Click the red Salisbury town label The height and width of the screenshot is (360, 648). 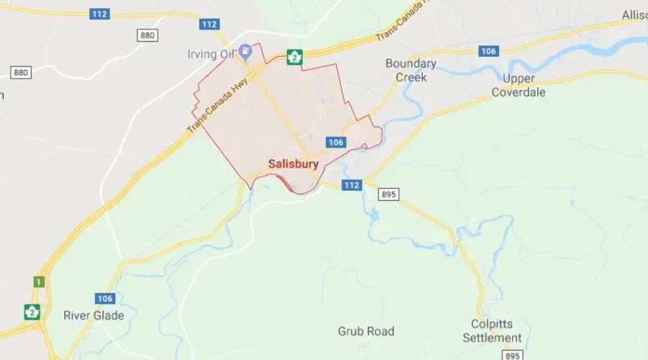click(x=293, y=164)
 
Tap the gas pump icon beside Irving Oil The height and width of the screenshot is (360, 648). click(x=246, y=50)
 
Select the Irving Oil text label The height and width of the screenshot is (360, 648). click(x=212, y=55)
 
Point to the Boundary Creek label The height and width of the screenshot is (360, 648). click(x=410, y=70)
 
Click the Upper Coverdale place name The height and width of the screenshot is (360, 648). click(x=518, y=85)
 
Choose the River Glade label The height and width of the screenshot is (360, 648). click(x=94, y=315)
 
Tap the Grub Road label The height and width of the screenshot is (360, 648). click(x=366, y=331)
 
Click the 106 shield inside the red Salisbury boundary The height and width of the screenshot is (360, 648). click(x=336, y=143)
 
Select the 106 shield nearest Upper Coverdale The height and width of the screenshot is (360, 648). click(x=489, y=50)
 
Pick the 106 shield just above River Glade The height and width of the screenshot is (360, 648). click(x=105, y=298)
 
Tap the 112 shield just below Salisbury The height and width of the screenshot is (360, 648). click(x=351, y=185)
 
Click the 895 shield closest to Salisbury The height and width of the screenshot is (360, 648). click(x=389, y=194)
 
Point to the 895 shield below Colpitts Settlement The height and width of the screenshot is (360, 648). click(x=512, y=356)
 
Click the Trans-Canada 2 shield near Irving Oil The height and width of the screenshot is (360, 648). click(x=293, y=56)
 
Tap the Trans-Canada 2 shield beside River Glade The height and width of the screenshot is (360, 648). click(x=32, y=312)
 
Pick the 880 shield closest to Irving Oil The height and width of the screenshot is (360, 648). click(x=148, y=35)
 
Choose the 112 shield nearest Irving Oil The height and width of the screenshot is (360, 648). click(x=209, y=24)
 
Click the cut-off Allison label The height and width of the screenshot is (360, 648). click(x=634, y=14)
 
